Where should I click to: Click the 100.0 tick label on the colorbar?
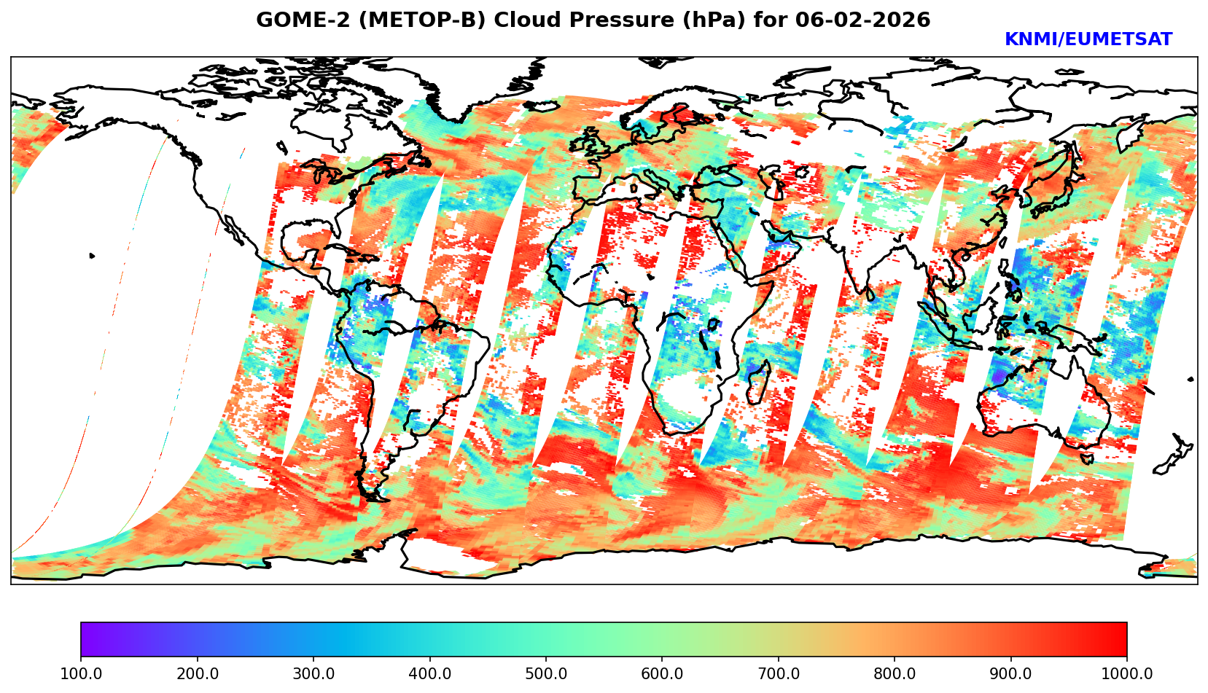pos(81,673)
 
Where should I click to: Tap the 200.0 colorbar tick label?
pos(197,673)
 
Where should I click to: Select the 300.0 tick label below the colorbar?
pos(313,673)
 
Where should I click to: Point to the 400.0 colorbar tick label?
pos(429,673)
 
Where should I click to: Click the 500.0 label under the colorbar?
pos(546,673)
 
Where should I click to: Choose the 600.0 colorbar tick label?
pos(662,673)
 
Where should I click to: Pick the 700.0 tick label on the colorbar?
pos(779,673)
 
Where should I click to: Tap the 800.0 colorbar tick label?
pos(895,673)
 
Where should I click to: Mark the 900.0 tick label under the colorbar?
pos(1011,673)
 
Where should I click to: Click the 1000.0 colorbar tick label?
pos(1127,673)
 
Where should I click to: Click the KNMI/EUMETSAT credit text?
pos(1088,40)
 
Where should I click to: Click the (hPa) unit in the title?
pos(685,20)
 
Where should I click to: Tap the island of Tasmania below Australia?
pos(1086,458)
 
